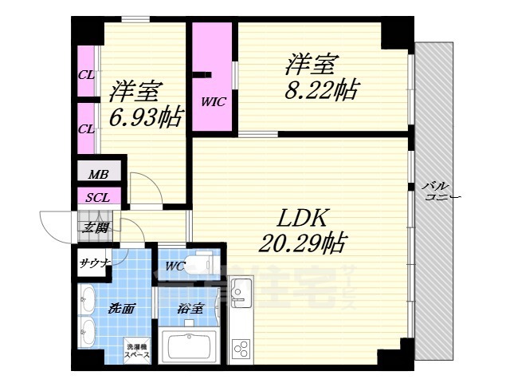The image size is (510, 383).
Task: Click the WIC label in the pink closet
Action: (x=211, y=101)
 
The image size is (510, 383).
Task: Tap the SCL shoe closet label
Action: (x=98, y=196)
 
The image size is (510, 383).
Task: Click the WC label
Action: (x=176, y=266)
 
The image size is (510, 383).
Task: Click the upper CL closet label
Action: (x=85, y=76)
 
